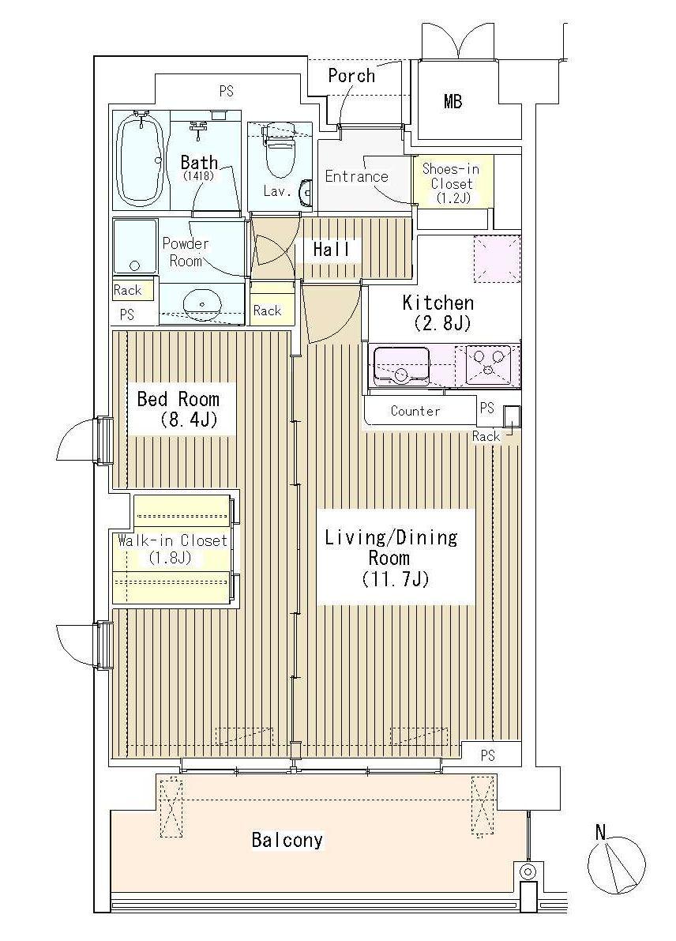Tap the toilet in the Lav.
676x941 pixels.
[x=280, y=150]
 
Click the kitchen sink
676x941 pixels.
[x=401, y=366]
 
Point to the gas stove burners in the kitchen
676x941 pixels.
[x=487, y=365]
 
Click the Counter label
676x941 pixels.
[x=415, y=411]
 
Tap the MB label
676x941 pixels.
[x=453, y=101]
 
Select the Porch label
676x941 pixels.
[x=351, y=76]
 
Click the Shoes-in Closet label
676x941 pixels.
[x=451, y=183]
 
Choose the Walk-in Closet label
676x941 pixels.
[x=173, y=548]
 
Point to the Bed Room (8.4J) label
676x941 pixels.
[x=178, y=408]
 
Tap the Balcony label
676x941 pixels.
[x=287, y=840]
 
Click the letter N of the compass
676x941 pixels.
[x=600, y=832]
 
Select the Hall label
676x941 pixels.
[x=331, y=249]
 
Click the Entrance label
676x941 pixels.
[x=356, y=176]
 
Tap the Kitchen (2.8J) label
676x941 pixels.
[x=438, y=312]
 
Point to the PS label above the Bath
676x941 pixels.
[x=226, y=92]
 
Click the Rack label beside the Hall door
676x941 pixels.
[x=267, y=311]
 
